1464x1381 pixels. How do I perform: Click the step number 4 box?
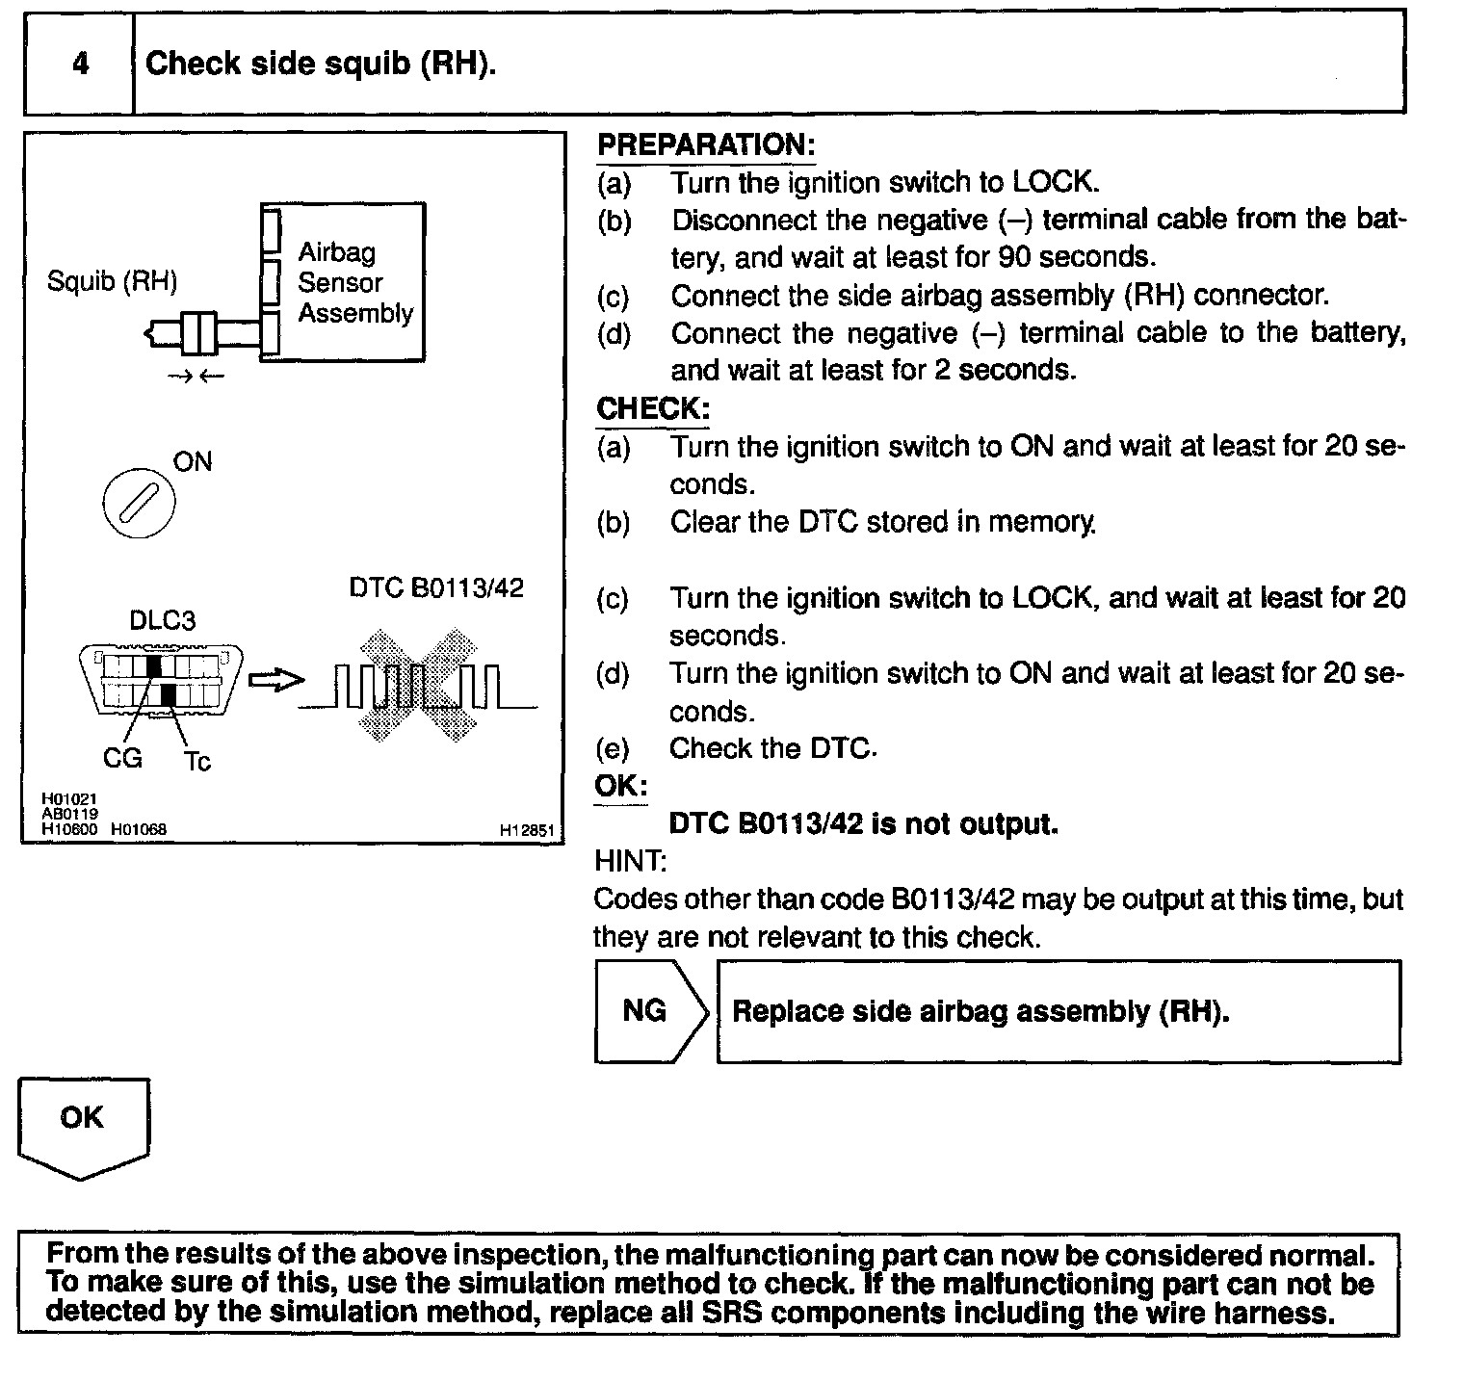79,63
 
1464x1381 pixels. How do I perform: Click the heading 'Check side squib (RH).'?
321,64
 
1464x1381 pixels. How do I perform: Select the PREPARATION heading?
706,145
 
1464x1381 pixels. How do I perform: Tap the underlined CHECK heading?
652,408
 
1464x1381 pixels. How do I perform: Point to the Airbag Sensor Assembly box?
342,282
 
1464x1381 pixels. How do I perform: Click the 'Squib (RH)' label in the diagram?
113,281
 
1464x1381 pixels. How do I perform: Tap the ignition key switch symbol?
139,505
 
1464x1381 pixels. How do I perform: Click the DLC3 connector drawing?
161,679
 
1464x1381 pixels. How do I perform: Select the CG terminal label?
122,759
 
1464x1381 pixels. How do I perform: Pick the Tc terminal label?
196,762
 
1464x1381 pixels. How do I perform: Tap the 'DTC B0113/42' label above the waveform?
436,587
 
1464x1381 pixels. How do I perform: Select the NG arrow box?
652,1011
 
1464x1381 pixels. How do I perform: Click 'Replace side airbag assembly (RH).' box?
1059,1011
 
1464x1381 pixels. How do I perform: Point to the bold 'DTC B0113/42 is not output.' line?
863,824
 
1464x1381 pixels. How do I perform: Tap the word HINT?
630,860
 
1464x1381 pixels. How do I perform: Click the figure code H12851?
527,830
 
